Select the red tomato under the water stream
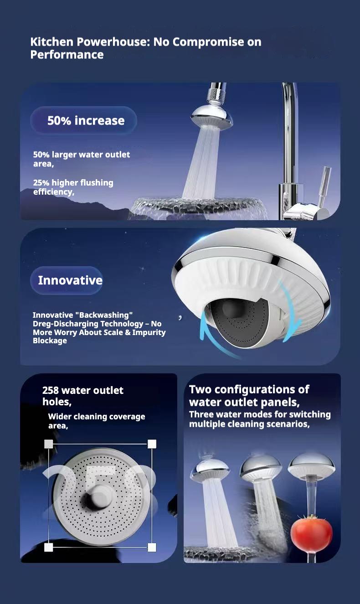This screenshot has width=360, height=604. pos(311,533)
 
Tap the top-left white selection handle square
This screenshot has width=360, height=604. pos(49,444)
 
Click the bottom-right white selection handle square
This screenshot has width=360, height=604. pos(152,547)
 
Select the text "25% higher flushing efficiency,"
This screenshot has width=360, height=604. pos(73,187)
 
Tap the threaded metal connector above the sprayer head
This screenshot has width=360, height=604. pos(214,95)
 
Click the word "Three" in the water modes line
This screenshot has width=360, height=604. pos(201,414)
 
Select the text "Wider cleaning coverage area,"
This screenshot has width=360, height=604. pos(96,421)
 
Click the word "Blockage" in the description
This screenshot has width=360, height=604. pos(50,341)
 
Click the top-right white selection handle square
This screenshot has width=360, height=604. pos(152,444)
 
